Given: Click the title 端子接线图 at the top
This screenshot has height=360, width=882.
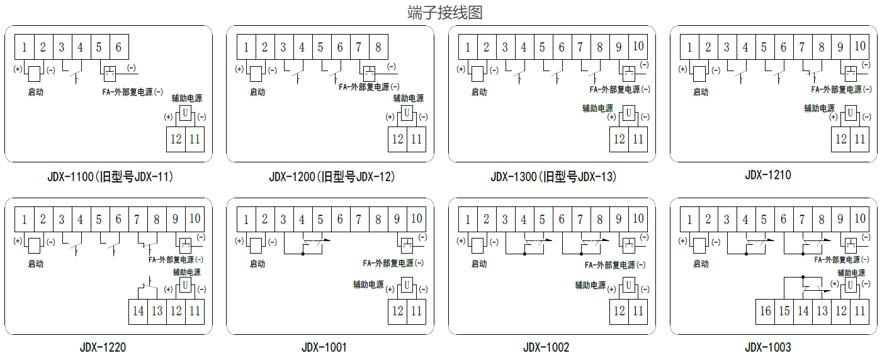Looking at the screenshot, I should pos(444,13).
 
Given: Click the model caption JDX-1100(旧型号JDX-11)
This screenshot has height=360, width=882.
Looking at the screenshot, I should pos(110,177).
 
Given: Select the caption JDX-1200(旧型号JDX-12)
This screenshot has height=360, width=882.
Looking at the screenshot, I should pos(332,177).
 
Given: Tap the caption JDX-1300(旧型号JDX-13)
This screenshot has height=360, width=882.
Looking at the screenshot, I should pos(553,177).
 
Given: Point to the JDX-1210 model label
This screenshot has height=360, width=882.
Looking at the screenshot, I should pos(767,175).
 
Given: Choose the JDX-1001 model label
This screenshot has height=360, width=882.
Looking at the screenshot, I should pos(324,347).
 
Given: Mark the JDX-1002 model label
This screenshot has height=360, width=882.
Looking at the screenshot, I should pos(546,347).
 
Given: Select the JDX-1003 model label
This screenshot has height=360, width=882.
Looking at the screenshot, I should pos(767,347).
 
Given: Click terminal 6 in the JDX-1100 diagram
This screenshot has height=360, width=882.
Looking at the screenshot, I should pos(118,47).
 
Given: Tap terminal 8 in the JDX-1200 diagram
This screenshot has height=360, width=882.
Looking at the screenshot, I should pos(378,47).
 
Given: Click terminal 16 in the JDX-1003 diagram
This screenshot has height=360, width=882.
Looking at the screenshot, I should pos(765,311).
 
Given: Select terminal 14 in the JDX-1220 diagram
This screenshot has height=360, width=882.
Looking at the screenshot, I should pos(139,311).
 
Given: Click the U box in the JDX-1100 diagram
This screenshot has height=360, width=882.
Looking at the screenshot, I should pos(185,113).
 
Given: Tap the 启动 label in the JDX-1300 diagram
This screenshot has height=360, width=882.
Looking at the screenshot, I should pos(479,92).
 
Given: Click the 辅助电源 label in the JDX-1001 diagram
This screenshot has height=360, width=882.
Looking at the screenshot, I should pos(368,284).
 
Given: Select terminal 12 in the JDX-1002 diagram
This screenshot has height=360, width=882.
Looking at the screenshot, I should pos(619,311).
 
